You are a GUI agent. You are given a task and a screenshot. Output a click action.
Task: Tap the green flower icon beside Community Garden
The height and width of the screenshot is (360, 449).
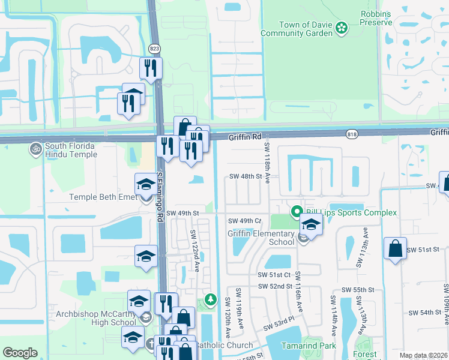tap(342, 28)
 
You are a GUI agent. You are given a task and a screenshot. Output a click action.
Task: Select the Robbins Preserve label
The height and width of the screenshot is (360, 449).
tap(376, 17)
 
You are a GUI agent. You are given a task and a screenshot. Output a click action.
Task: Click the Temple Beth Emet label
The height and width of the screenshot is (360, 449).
tap(104, 197)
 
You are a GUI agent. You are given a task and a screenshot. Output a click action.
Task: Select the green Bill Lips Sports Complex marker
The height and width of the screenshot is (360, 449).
tap(296, 212)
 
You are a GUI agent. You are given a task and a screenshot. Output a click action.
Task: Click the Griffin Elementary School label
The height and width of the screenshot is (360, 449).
tap(261, 238)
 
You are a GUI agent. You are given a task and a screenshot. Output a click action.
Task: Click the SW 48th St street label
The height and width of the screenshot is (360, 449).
tap(246, 177)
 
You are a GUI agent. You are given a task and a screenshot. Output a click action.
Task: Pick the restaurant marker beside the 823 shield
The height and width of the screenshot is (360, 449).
tap(151, 68)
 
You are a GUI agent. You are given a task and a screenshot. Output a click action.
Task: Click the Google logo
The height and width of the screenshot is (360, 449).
tap(20, 353)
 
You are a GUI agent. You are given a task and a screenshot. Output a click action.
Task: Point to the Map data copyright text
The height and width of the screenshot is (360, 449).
tap(423, 355)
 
